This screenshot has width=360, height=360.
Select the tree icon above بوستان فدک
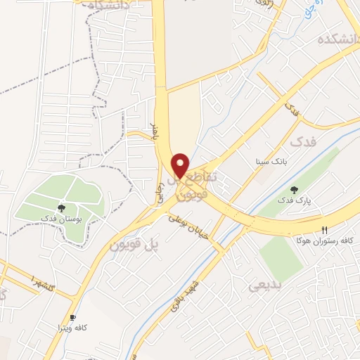tap(62, 208)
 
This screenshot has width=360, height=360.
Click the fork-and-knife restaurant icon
tap(324, 229)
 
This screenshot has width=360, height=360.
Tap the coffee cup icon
tap(72, 317)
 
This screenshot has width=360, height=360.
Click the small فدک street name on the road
tap(290, 108)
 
